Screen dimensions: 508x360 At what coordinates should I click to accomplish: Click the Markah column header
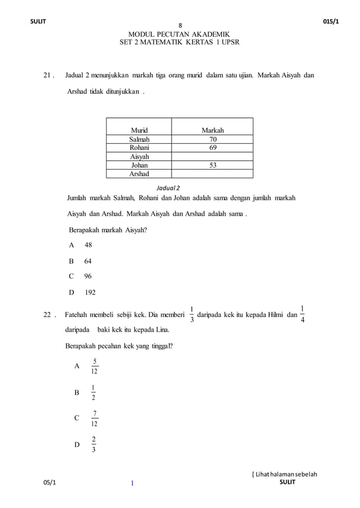pos(212,131)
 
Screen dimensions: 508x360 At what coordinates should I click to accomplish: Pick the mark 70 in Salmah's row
pos(212,139)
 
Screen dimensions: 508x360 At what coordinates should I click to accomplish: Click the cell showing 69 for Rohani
pos(212,148)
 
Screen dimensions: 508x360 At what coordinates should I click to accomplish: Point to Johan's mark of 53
pos(212,165)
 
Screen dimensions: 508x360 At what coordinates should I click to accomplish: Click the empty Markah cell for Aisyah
pos(212,157)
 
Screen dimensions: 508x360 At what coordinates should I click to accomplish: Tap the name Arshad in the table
pos(139,174)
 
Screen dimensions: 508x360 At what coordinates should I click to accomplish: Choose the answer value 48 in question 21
pos(88,245)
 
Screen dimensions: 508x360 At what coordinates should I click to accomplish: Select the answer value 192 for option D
pos(90,293)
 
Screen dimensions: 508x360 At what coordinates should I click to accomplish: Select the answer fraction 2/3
pos(94,444)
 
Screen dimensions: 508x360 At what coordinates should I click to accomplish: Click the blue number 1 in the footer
pos(131,483)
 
